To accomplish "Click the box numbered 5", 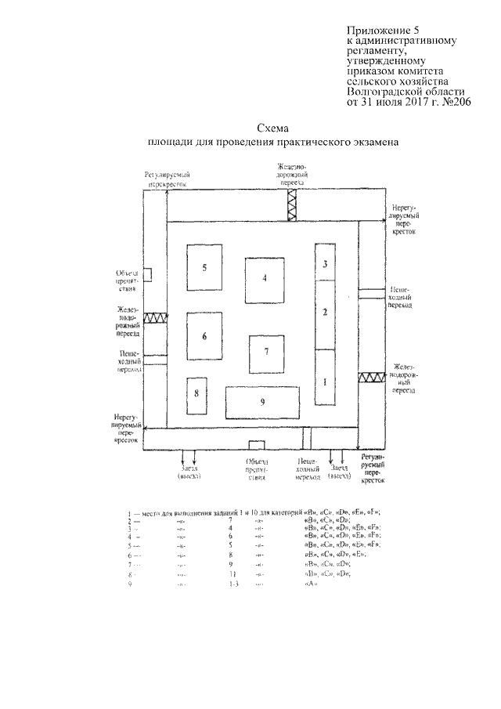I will tap(204, 268).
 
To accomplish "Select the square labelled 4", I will tap(265, 278).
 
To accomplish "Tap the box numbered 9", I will tap(262, 403).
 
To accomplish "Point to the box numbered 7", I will tap(266, 354).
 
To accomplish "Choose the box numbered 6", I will tap(204, 336).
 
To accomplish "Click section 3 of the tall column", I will tap(325, 265).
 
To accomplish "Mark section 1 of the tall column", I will tap(325, 382).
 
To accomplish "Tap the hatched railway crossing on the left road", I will tap(154, 318).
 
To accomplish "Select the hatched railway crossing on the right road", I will tap(369, 378).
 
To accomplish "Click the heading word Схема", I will tap(273, 128).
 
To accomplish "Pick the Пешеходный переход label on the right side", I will tap(400, 298).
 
